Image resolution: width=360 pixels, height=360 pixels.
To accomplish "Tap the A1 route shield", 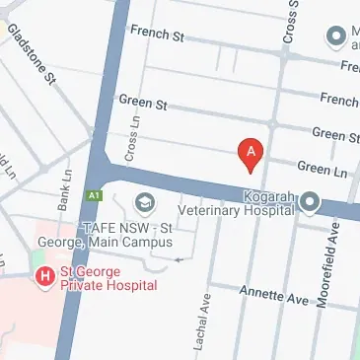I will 96,194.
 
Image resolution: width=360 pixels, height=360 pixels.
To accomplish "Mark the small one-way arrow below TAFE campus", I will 179,259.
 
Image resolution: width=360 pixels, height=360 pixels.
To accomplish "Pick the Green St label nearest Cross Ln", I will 143,102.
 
